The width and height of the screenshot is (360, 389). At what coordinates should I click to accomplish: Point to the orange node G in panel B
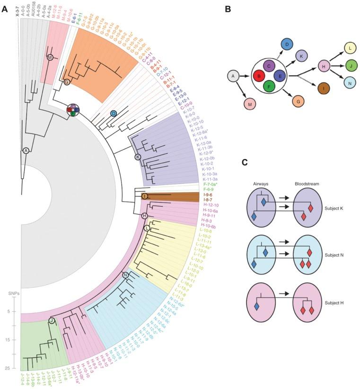pos(298,101)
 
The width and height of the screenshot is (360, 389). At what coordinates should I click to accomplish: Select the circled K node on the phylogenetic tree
pos(138,157)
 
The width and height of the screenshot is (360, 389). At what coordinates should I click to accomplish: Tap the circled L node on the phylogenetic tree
pos(147,228)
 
